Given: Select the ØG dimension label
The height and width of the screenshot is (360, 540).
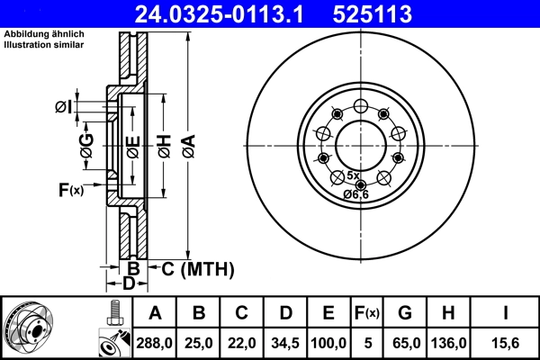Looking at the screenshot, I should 86,149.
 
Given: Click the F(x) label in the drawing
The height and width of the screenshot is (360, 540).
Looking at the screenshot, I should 70,190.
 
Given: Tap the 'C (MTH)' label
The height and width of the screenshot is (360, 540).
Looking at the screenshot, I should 197,268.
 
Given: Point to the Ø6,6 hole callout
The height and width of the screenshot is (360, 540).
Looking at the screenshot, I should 355,193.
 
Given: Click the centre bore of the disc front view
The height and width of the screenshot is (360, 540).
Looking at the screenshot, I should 361,144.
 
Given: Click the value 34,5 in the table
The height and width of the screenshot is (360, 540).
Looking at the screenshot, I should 285,343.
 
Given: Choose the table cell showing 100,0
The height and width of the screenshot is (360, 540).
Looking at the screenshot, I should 328,343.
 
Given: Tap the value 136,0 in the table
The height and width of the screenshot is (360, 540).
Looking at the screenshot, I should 450,343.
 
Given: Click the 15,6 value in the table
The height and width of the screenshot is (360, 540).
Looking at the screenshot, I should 505,343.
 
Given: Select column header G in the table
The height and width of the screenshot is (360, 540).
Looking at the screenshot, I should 404,313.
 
